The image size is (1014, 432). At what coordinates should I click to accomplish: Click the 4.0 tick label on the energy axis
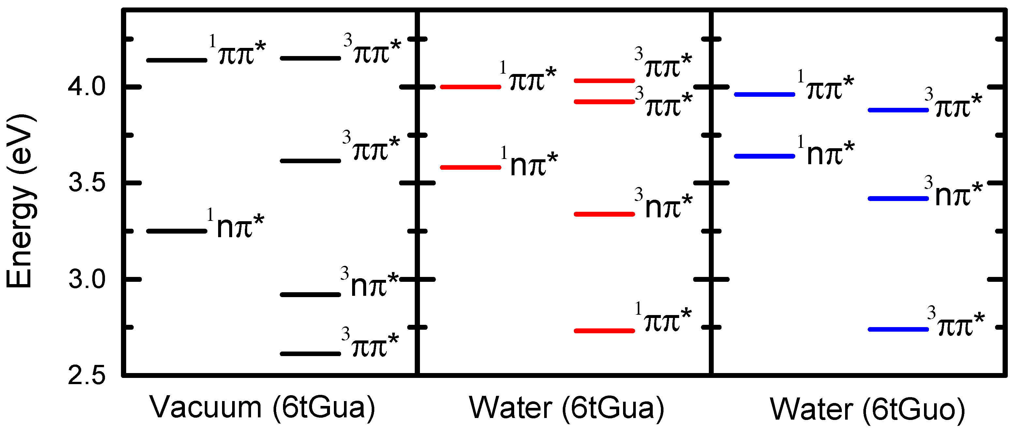(x=87, y=87)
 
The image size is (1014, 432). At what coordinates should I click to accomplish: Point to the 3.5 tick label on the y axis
(x=87, y=183)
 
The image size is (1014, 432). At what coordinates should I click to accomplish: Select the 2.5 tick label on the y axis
(x=87, y=376)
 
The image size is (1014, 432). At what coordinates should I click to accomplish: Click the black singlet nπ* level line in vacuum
(x=177, y=231)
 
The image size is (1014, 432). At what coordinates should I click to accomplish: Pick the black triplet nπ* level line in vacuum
(x=310, y=294)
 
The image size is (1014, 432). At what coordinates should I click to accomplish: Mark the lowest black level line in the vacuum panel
(x=310, y=354)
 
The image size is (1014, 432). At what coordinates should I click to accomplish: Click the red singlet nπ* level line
(x=470, y=167)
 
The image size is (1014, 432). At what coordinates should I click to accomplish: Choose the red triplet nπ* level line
(x=604, y=214)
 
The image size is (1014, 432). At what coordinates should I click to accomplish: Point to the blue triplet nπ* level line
(x=898, y=199)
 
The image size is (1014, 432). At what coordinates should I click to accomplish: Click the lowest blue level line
(x=898, y=329)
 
